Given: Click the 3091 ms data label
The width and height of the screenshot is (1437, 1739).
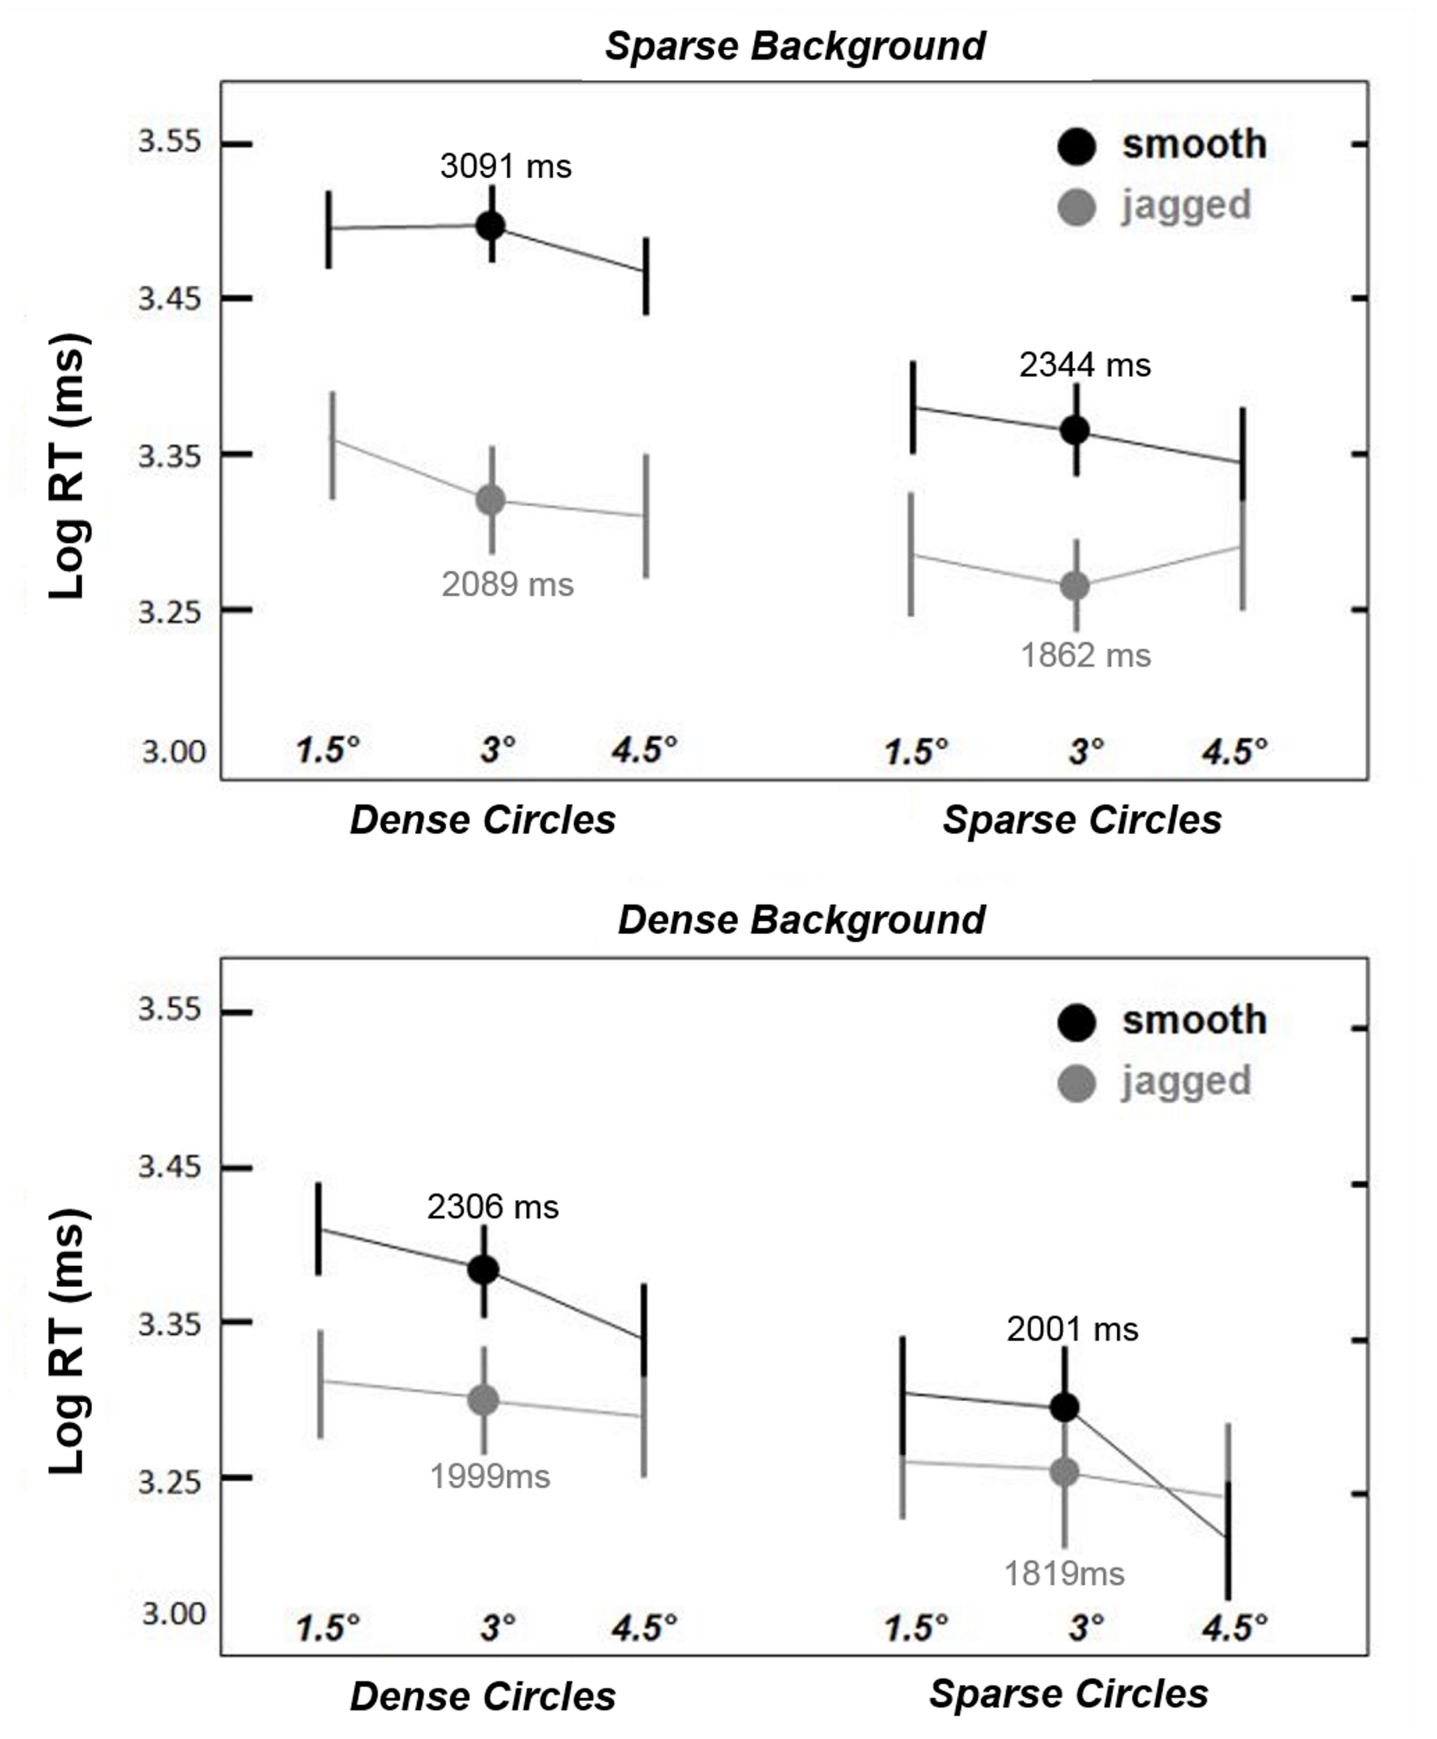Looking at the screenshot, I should click(505, 166).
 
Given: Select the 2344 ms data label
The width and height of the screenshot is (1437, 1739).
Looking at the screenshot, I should click(1084, 365).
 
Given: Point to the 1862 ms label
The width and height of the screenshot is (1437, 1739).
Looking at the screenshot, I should click(1085, 655).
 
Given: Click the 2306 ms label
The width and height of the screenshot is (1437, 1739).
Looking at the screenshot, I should click(492, 1207).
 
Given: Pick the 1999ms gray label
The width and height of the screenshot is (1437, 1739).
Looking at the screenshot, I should click(489, 1476).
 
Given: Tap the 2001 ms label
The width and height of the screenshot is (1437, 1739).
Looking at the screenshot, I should click(1072, 1329).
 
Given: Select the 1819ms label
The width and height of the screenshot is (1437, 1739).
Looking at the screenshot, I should click(1063, 1573).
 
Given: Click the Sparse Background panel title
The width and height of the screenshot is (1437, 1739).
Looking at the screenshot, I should click(794, 45).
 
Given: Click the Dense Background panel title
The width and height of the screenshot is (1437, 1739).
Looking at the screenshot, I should click(801, 920).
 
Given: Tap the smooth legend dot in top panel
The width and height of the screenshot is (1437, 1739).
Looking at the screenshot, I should click(1077, 147).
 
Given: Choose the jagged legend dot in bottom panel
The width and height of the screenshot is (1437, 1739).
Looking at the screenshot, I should click(1077, 1084).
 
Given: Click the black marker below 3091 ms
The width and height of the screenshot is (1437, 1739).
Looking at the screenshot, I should click(491, 225).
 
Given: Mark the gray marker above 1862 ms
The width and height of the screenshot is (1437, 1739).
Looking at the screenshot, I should click(1075, 586).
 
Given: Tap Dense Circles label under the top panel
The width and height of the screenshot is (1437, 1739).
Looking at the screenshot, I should click(483, 820).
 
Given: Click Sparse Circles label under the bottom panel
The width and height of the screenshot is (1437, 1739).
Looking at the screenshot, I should click(1068, 1694).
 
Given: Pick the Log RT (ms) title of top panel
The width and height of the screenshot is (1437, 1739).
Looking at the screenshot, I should click(68, 466).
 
